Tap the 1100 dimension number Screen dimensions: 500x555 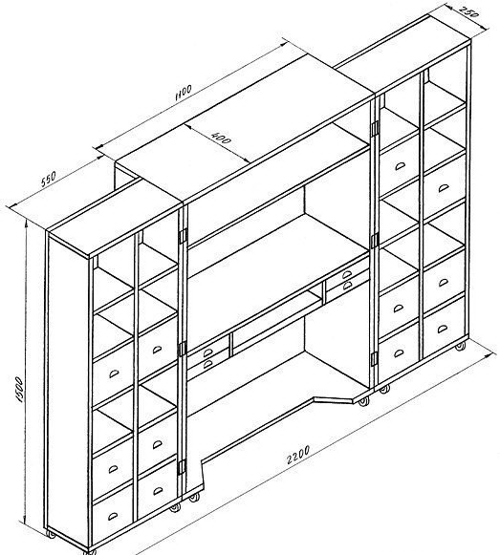point(184,93)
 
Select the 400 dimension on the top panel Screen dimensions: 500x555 point(221,138)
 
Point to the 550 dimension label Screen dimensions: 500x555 point(48,179)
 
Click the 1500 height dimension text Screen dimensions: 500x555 point(19,390)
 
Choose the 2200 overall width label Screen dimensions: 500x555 point(298,455)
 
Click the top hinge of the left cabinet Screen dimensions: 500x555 point(183,236)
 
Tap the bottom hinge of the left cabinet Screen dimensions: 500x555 point(182,467)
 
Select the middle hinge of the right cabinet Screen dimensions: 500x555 point(375,241)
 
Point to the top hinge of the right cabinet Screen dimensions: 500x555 point(375,127)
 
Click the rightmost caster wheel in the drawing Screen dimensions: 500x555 point(460,347)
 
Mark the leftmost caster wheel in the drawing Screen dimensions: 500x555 point(52,534)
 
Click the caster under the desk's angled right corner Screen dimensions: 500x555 point(363,401)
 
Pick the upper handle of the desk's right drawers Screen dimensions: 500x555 point(346,274)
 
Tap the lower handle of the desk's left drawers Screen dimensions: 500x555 point(208,364)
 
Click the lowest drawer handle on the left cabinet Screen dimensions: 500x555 point(114,516)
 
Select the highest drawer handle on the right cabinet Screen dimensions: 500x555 point(400,165)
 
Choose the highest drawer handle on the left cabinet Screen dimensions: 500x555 point(158,350)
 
